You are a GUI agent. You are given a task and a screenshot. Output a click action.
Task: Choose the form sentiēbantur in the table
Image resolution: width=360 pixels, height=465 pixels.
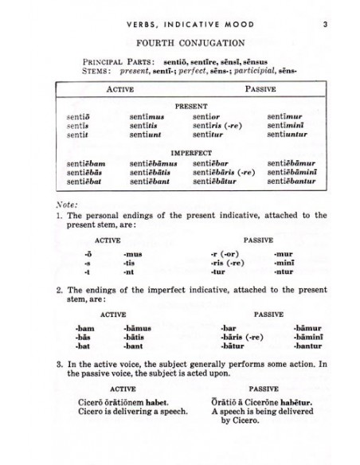point(293,182)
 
